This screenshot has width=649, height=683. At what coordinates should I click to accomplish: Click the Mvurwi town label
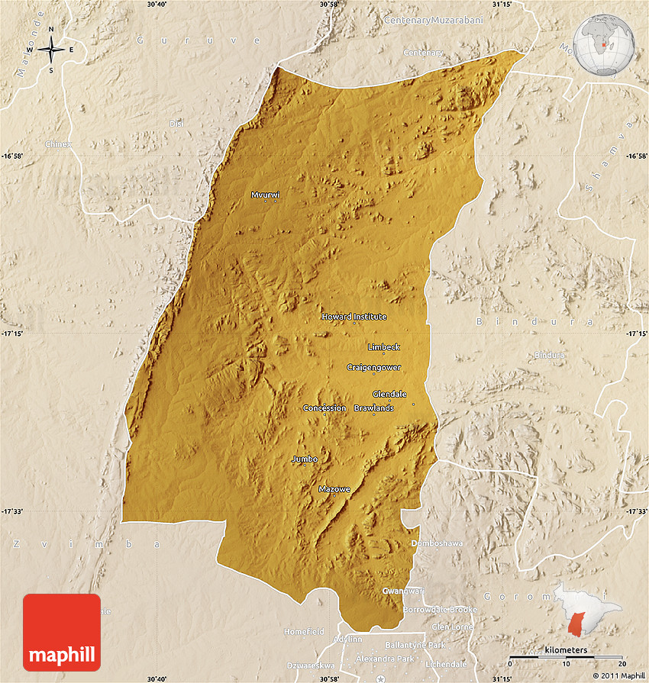point(265,195)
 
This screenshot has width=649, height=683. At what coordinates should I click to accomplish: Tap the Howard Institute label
point(354,317)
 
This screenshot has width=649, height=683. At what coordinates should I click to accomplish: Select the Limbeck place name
point(383,347)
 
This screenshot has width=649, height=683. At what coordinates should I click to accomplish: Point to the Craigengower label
point(373,367)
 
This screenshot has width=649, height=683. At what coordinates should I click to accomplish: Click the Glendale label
point(389,394)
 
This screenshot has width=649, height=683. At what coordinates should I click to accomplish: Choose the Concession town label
point(324,408)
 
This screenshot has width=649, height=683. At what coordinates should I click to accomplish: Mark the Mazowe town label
point(334,488)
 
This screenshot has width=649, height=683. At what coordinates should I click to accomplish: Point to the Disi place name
point(176,124)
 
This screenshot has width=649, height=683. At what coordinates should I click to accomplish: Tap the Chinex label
point(58,143)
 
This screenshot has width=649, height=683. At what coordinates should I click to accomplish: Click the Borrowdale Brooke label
point(440,610)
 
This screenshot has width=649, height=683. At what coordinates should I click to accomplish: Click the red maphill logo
point(62,633)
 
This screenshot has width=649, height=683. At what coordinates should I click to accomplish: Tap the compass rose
point(51,50)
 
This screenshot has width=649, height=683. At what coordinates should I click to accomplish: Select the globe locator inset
point(604,44)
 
